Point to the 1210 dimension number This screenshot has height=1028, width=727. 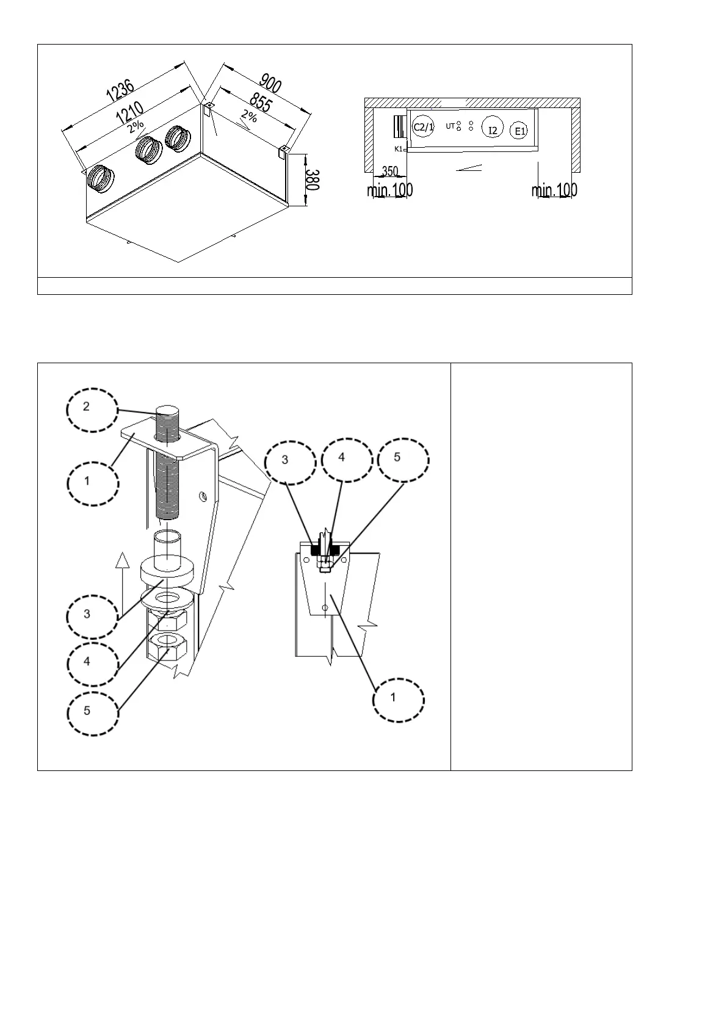pyautogui.click(x=130, y=112)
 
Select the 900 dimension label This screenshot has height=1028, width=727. pyautogui.click(x=270, y=83)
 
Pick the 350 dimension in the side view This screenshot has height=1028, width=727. pyautogui.click(x=389, y=172)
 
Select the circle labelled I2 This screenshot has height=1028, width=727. pyautogui.click(x=493, y=129)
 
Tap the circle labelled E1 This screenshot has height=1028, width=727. pyautogui.click(x=520, y=131)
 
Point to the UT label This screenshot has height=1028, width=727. pyautogui.click(x=450, y=126)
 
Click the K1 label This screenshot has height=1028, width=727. pyautogui.click(x=398, y=149)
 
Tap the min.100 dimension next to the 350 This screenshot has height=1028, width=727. pyautogui.click(x=389, y=190)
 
